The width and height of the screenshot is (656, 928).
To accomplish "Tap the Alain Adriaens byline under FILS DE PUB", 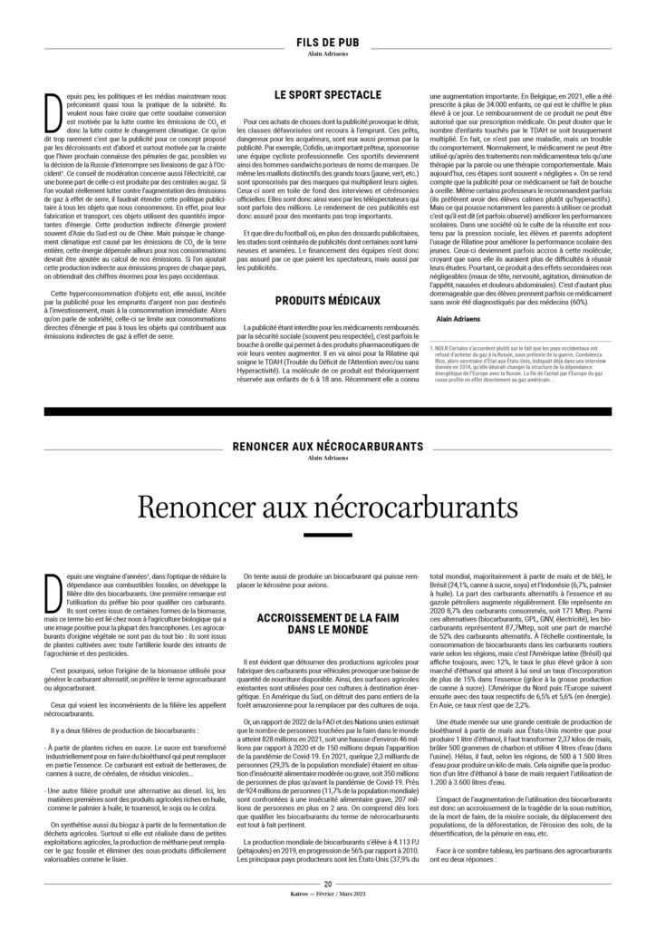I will click(x=327, y=53).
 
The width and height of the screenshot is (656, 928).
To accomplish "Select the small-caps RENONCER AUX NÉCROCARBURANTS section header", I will click(x=327, y=447).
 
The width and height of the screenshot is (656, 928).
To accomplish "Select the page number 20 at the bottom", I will click(x=327, y=909).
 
